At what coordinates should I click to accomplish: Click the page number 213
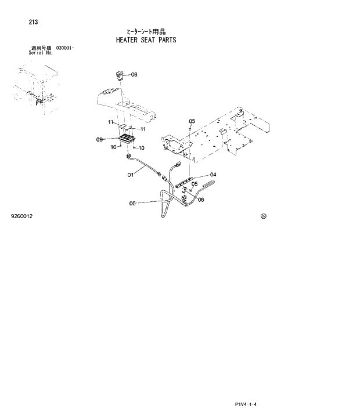33,23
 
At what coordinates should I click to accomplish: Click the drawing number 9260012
21,216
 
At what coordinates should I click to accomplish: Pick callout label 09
99,139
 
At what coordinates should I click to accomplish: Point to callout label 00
132,203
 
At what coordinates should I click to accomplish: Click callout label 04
213,175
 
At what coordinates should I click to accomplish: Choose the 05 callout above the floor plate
192,121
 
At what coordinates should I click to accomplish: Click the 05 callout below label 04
195,184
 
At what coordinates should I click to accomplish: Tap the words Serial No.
40,52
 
